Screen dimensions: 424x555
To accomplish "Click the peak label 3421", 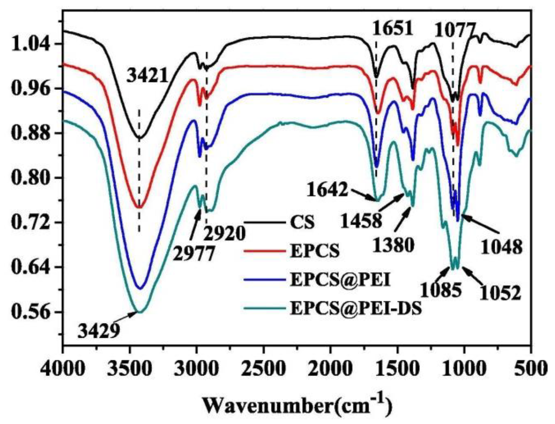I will tap(147, 75).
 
